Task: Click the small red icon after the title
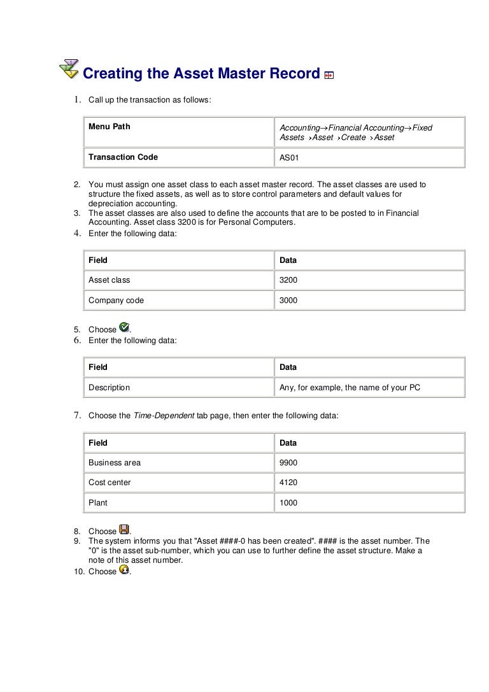[329, 75]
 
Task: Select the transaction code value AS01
[289, 157]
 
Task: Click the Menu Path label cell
[109, 127]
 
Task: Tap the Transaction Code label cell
[123, 157]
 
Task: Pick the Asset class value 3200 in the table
[288, 279]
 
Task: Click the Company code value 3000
[288, 300]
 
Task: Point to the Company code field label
[116, 300]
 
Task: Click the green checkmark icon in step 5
[125, 328]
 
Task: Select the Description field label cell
[109, 387]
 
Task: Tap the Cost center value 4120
[288, 483]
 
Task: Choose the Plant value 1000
[288, 503]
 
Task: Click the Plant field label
[98, 503]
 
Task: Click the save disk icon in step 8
[125, 530]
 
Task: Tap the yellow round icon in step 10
[125, 570]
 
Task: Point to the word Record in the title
[288, 74]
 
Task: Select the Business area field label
[115, 462]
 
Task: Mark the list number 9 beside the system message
[76, 541]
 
